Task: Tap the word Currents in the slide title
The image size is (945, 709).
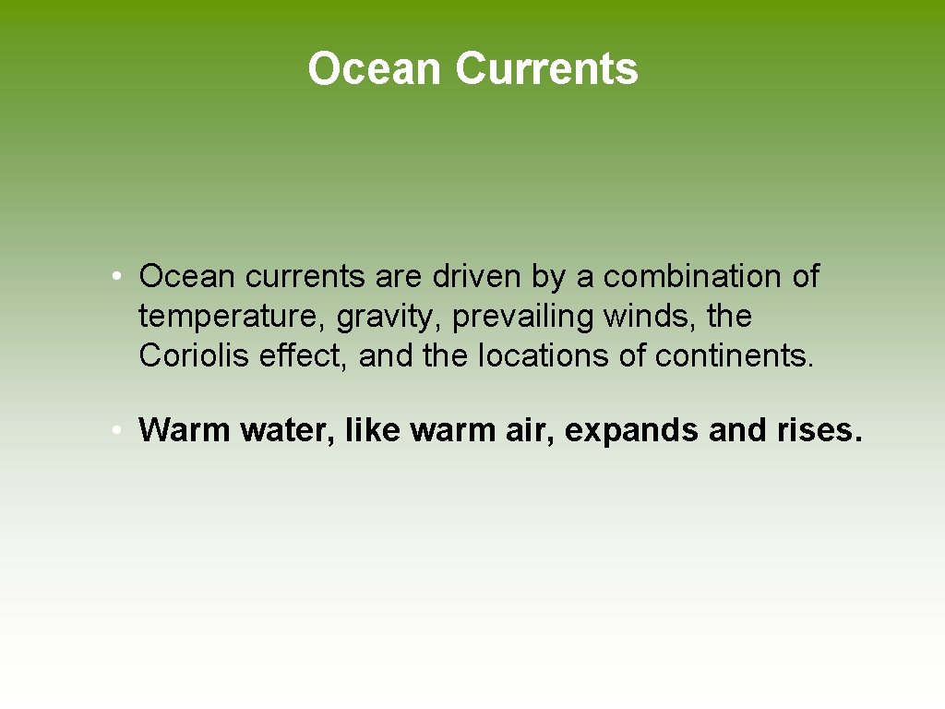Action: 546,69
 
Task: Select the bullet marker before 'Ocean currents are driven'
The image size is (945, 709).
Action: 112,276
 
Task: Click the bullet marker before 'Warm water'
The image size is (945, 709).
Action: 112,430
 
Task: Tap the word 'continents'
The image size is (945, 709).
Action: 733,355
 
